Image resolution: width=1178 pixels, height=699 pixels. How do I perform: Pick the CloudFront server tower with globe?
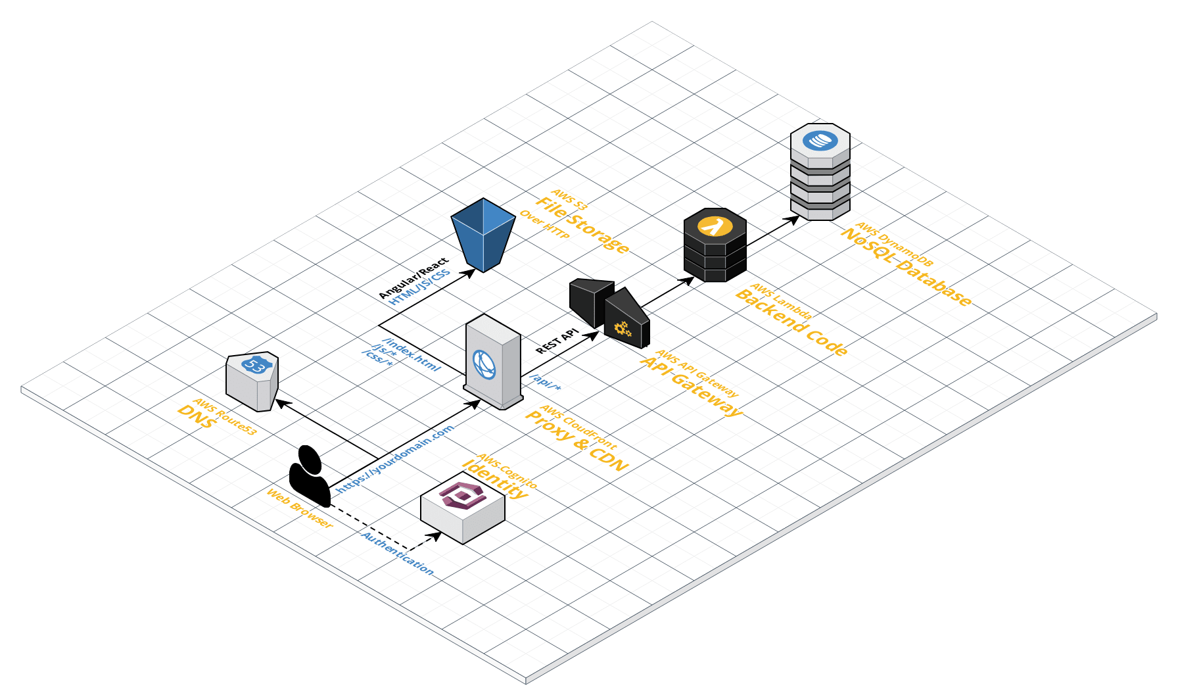coord(493,362)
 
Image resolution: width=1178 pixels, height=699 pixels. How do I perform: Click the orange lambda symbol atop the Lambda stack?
coord(715,226)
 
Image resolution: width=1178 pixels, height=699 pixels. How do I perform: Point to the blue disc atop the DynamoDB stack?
coord(820,140)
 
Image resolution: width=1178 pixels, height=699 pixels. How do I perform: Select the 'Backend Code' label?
coord(791,322)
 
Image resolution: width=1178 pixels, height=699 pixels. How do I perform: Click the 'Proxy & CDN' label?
coord(577,441)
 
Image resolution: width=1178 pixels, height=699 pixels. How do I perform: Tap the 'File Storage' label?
coord(582,225)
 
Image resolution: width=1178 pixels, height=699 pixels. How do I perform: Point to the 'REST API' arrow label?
coord(557,341)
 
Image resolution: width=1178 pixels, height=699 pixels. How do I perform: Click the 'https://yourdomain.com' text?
coord(394,459)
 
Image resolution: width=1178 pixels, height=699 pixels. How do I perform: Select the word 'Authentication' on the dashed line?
coord(397,554)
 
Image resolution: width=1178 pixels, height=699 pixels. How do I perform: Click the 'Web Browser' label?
coord(299,508)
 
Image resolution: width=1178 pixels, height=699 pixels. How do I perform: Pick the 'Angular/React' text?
coord(413,277)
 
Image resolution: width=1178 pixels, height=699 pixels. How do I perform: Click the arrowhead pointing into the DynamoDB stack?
coord(795,219)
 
